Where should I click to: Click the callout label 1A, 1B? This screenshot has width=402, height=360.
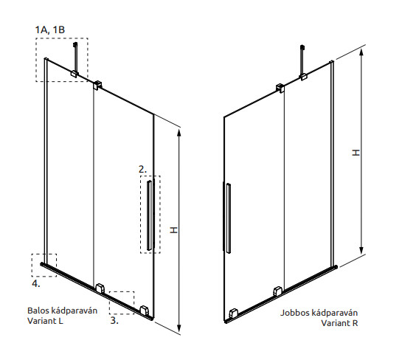(x=50, y=30)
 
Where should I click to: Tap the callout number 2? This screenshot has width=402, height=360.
(x=142, y=169)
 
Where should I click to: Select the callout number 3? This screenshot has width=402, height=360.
(x=114, y=320)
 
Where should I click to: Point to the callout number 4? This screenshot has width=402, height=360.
(x=36, y=283)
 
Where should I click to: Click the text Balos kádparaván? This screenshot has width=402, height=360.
(x=62, y=311)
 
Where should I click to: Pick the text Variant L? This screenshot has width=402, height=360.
(x=45, y=321)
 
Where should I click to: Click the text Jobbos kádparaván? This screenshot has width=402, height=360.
(x=319, y=313)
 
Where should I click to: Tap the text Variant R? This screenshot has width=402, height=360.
(x=339, y=323)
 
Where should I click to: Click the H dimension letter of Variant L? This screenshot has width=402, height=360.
(x=174, y=230)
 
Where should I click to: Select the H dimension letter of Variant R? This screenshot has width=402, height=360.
(x=356, y=153)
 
